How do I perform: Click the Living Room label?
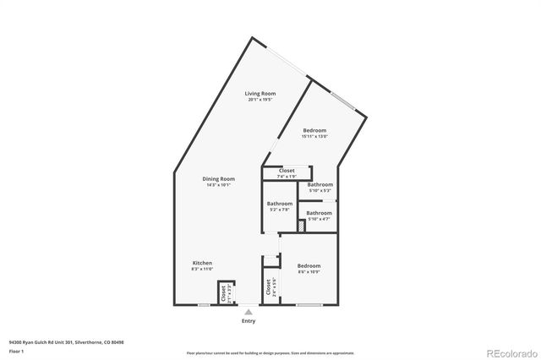(x=260, y=93)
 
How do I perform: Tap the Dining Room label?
(x=218, y=178)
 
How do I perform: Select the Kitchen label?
(x=201, y=263)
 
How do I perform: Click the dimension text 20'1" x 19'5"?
(x=260, y=100)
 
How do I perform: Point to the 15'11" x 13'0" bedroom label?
(x=315, y=130)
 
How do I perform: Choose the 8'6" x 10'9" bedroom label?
(x=309, y=266)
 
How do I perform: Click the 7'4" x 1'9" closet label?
(x=287, y=170)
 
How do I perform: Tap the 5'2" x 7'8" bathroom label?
(x=280, y=204)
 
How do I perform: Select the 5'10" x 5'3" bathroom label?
(x=320, y=184)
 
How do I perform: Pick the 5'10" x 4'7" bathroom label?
(x=319, y=213)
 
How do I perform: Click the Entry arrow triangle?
(x=249, y=312)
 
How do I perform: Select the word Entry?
(x=249, y=321)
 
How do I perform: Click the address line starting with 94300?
(x=66, y=342)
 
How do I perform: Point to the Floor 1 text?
(x=16, y=351)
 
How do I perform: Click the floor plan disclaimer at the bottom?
(x=270, y=353)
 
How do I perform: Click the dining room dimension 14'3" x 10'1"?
(x=218, y=185)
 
